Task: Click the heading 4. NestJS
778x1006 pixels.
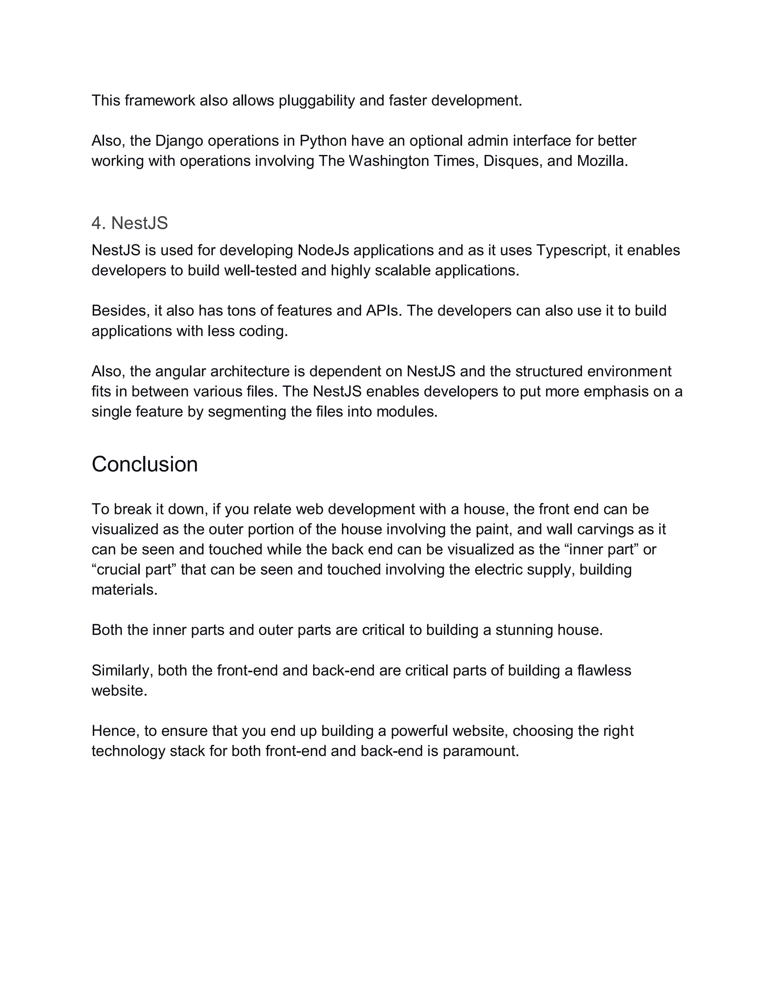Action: tap(130, 223)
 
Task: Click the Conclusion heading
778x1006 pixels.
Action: tap(145, 464)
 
